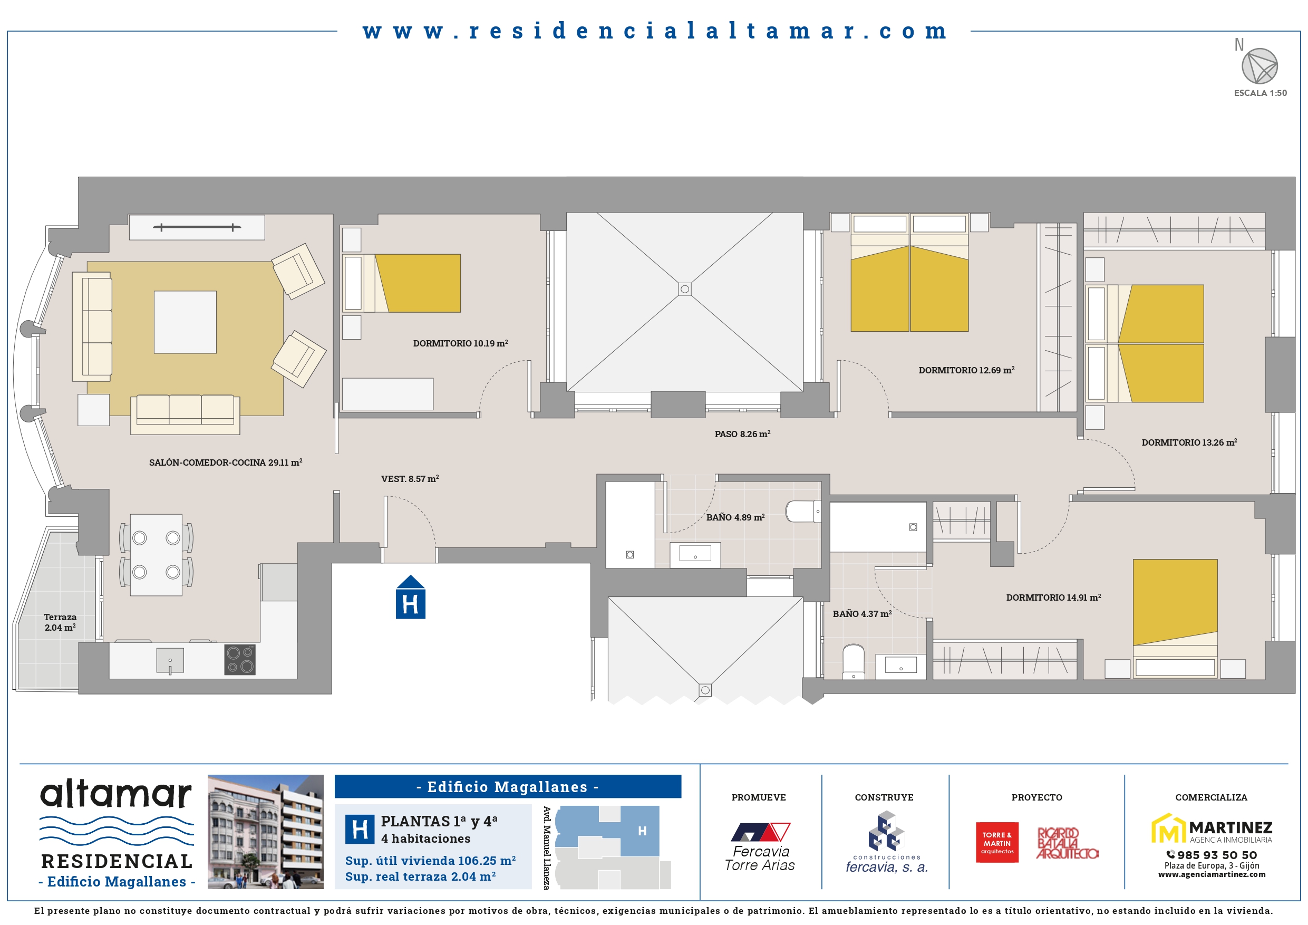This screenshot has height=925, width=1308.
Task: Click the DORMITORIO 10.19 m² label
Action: click(460, 343)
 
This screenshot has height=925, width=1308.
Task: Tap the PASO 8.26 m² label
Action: click(742, 433)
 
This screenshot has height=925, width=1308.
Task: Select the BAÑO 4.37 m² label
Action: click(862, 614)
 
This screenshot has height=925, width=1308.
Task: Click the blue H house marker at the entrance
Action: click(410, 598)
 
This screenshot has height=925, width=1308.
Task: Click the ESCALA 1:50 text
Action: click(1260, 93)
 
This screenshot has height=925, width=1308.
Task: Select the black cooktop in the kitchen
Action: click(240, 659)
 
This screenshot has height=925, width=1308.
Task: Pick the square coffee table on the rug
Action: click(185, 322)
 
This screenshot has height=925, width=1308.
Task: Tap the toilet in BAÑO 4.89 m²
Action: click(803, 511)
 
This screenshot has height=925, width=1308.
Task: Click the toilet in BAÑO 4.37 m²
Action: click(854, 662)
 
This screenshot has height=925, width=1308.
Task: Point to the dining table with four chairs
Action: click(156, 555)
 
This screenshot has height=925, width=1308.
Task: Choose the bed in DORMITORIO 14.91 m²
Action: click(1175, 619)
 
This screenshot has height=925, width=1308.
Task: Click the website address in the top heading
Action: click(655, 31)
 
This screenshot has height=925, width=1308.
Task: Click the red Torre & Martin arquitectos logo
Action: click(997, 842)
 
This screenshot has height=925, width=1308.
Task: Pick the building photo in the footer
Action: click(266, 832)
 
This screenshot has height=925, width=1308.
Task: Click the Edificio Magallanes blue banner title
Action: click(508, 786)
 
